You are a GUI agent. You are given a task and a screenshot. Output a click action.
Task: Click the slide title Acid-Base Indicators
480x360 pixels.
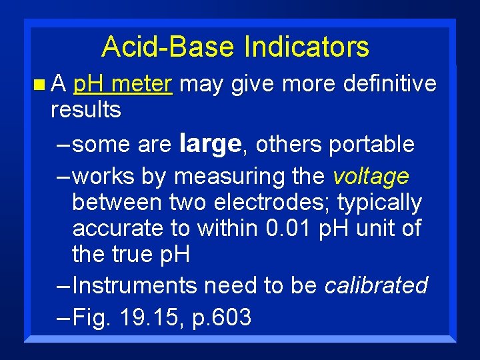click(235, 47)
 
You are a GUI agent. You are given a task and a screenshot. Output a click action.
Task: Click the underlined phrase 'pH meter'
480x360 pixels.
click(123, 85)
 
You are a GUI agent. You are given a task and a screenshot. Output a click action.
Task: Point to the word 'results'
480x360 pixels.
click(86, 110)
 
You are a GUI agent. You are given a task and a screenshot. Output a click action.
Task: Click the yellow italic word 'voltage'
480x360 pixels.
click(371, 177)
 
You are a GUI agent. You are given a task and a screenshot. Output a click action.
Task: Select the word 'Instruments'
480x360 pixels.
click(135, 285)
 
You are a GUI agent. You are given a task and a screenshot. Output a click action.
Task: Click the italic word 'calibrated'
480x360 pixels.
click(376, 285)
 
